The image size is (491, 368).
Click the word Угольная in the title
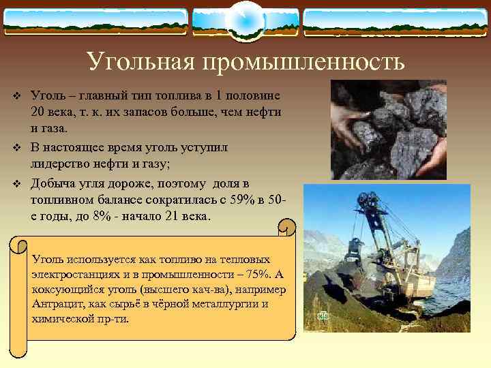(x=140, y=63)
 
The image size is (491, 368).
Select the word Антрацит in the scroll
(x=55, y=305)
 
